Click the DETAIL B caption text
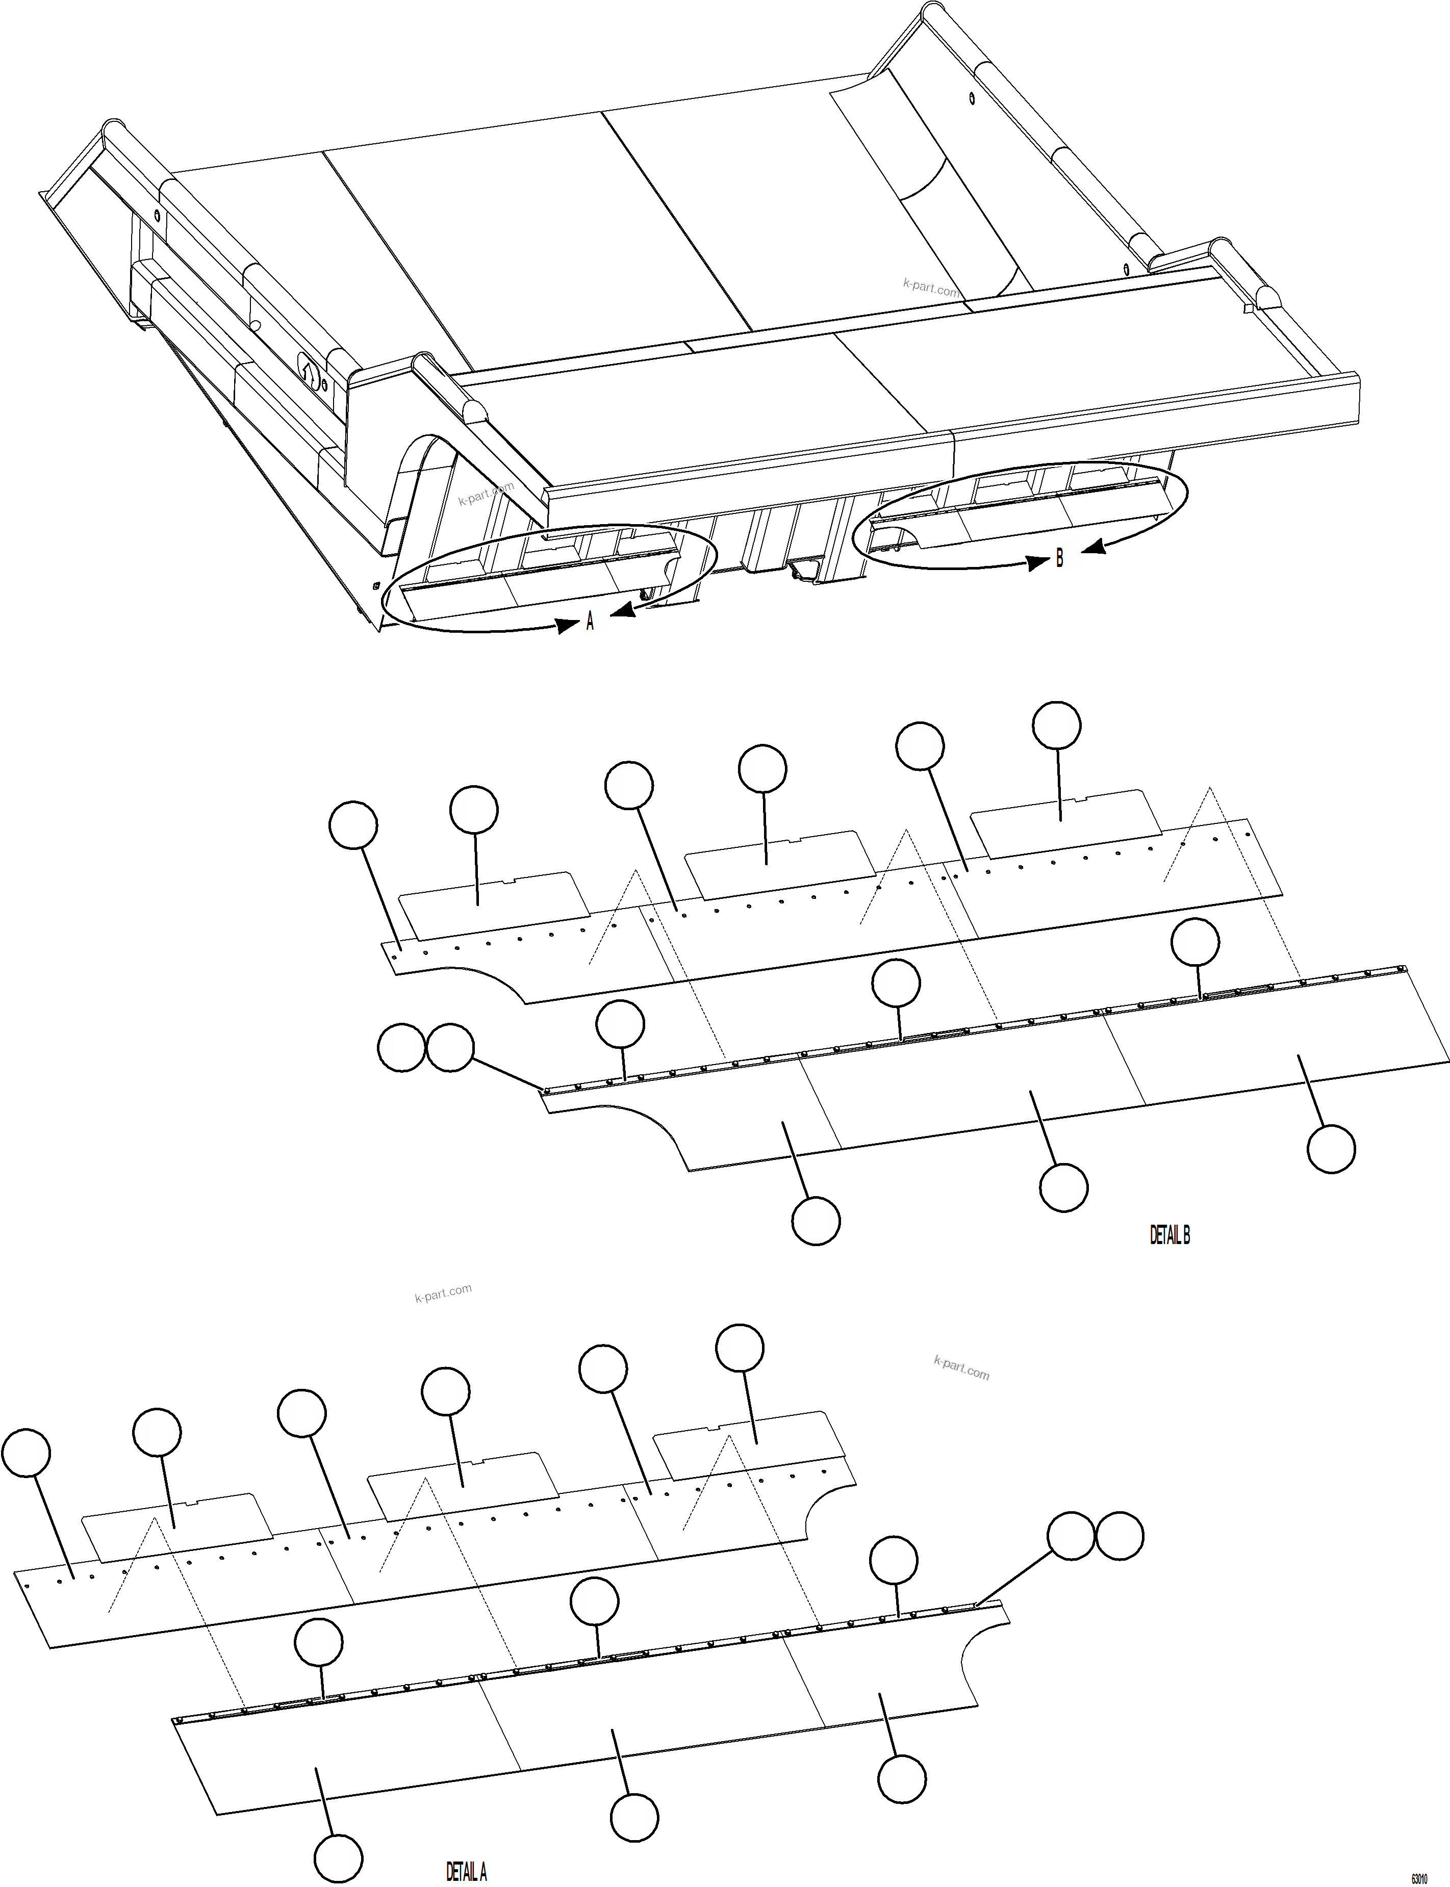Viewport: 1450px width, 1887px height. tap(1169, 1235)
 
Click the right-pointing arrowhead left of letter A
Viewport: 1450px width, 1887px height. tap(568, 625)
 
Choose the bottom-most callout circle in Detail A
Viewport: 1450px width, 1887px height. tap(338, 1857)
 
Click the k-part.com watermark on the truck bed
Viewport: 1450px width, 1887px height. tap(930, 288)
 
